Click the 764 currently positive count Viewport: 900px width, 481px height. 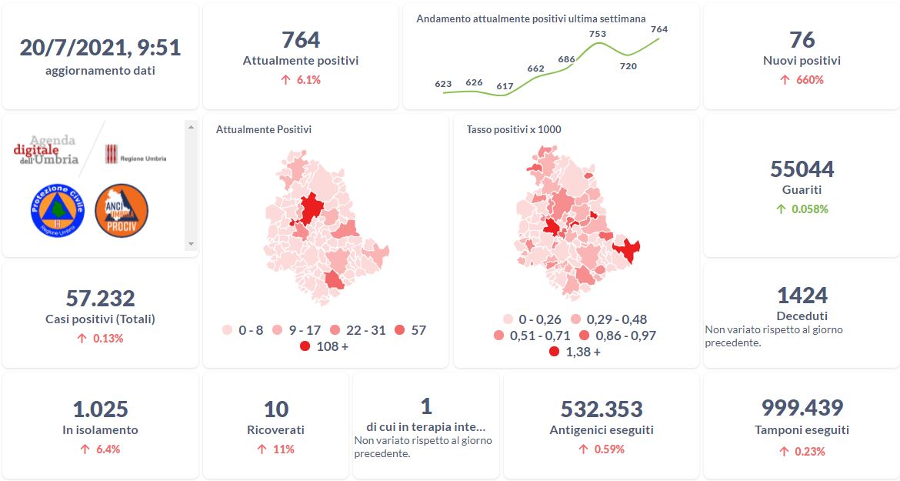(301, 39)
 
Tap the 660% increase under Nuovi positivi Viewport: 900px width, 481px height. (802, 80)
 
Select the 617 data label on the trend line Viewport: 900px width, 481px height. (505, 86)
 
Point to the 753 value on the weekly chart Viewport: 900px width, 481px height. (597, 34)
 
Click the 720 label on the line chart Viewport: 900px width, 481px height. (628, 66)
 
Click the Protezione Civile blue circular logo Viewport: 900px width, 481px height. (58, 210)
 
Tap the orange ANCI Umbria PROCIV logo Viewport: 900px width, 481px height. (122, 210)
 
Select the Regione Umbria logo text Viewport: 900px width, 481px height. (142, 159)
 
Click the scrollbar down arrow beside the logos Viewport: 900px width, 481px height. (192, 243)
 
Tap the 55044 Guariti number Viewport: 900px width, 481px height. (802, 169)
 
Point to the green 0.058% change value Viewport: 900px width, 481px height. (802, 209)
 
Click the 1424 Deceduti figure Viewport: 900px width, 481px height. (802, 296)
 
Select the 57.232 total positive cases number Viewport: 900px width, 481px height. (100, 299)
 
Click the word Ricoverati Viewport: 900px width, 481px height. (275, 430)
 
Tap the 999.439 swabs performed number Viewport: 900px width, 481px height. (802, 408)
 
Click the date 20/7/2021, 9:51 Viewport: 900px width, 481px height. (100, 48)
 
